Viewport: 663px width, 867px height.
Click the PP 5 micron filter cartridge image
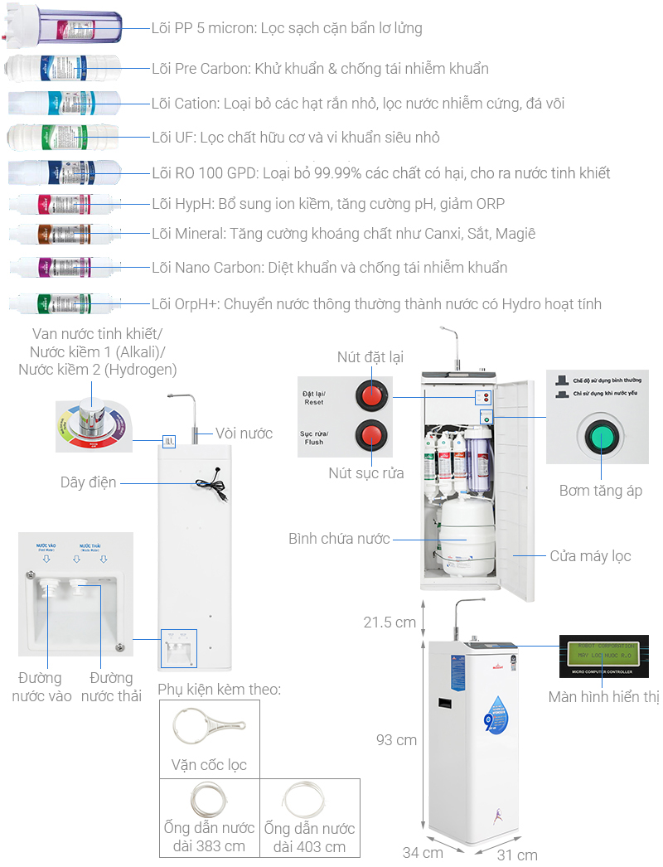pyautogui.click(x=64, y=27)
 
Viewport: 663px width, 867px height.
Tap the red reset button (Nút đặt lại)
pyautogui.click(x=370, y=395)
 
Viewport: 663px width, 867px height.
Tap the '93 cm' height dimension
pyautogui.click(x=396, y=739)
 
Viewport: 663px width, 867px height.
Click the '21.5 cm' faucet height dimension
pyautogui.click(x=390, y=622)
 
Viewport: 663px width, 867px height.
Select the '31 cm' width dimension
pyautogui.click(x=518, y=855)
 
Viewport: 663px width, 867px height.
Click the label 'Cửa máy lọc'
pyautogui.click(x=590, y=555)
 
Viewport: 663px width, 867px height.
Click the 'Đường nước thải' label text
pyautogui.click(x=111, y=687)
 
